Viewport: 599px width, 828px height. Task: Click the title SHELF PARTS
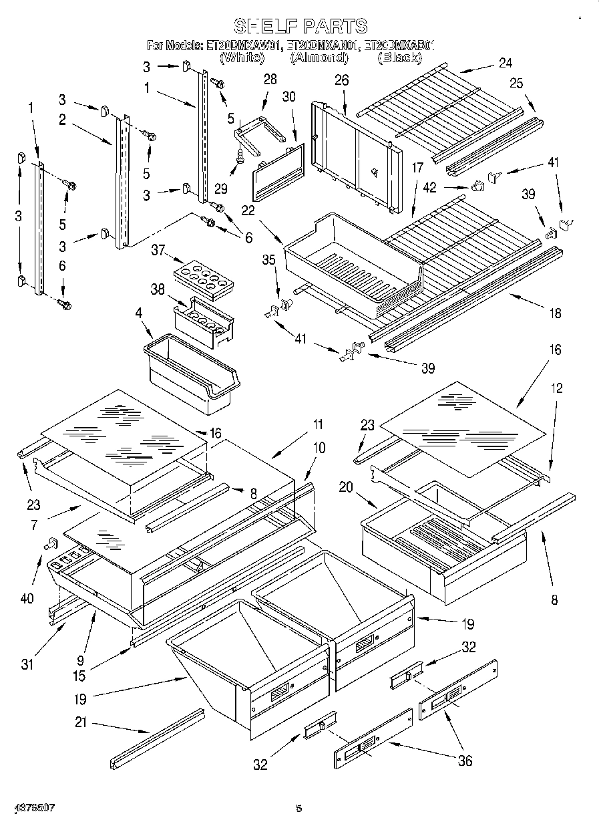pos(300,26)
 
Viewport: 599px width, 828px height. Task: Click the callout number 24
pos(505,63)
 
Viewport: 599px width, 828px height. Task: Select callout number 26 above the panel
pos(341,80)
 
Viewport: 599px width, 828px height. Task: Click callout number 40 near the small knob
pos(27,598)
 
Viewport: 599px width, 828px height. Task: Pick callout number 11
pos(317,424)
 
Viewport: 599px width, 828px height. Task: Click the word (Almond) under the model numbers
pos(319,58)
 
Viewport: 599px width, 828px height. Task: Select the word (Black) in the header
pos(399,58)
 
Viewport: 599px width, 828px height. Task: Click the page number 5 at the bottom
pos(299,808)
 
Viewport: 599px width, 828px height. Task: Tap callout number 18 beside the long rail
pos(554,313)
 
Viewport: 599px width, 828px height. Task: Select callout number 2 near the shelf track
pos(61,120)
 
